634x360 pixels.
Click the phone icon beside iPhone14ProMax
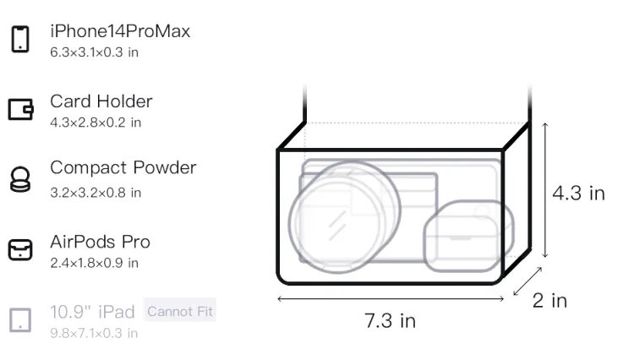(20, 39)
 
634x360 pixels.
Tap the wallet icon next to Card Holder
(20, 110)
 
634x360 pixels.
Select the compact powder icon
(20, 179)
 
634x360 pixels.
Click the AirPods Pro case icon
(20, 249)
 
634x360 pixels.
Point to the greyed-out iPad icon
(20, 320)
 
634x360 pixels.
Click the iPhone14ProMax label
(120, 31)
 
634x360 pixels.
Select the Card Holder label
(101, 101)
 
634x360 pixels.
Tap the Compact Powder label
(123, 168)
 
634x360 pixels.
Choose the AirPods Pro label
(101, 242)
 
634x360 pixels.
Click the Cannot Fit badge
(180, 311)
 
